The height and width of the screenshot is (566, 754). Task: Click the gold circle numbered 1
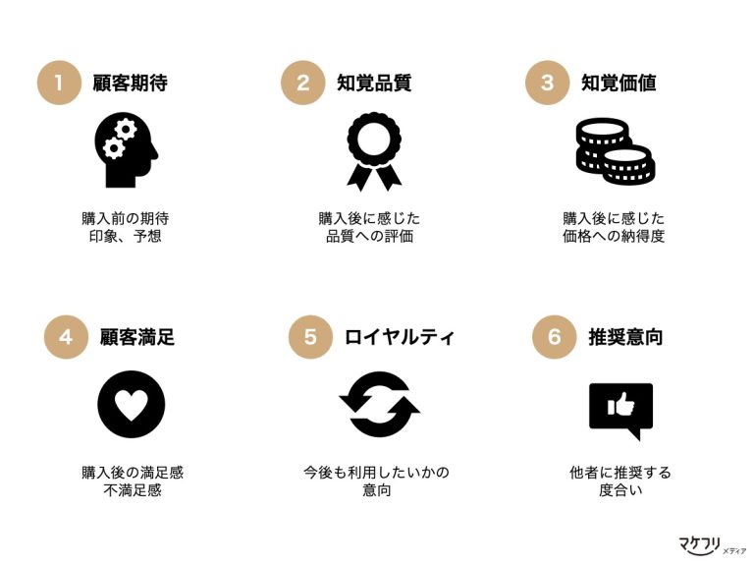coord(59,83)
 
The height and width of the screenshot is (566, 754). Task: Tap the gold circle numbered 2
coord(303,83)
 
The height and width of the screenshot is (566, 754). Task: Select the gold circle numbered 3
coord(547,83)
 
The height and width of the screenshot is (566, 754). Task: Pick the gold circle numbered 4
coord(66,337)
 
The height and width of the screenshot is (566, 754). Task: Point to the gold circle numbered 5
coord(310,337)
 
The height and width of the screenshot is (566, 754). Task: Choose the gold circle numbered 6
coord(555,337)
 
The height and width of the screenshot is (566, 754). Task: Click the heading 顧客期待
coord(131,83)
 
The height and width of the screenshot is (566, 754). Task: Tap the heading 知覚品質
coord(374,83)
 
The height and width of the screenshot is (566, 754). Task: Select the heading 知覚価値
coord(619,83)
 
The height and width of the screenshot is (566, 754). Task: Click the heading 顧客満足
coord(137,337)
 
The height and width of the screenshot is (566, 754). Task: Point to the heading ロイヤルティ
coord(400,337)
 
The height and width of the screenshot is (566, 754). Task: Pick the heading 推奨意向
coord(625,337)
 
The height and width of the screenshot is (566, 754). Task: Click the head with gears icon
coord(126,150)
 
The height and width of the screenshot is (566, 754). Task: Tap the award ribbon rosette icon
coord(374,151)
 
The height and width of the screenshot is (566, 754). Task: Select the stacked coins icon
coord(616,151)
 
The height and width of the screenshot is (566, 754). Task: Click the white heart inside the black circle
coord(132,403)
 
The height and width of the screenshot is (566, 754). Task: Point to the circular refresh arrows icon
coord(379,404)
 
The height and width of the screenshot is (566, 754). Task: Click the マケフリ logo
coord(712,545)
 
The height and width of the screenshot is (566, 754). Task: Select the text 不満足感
coord(133,490)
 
